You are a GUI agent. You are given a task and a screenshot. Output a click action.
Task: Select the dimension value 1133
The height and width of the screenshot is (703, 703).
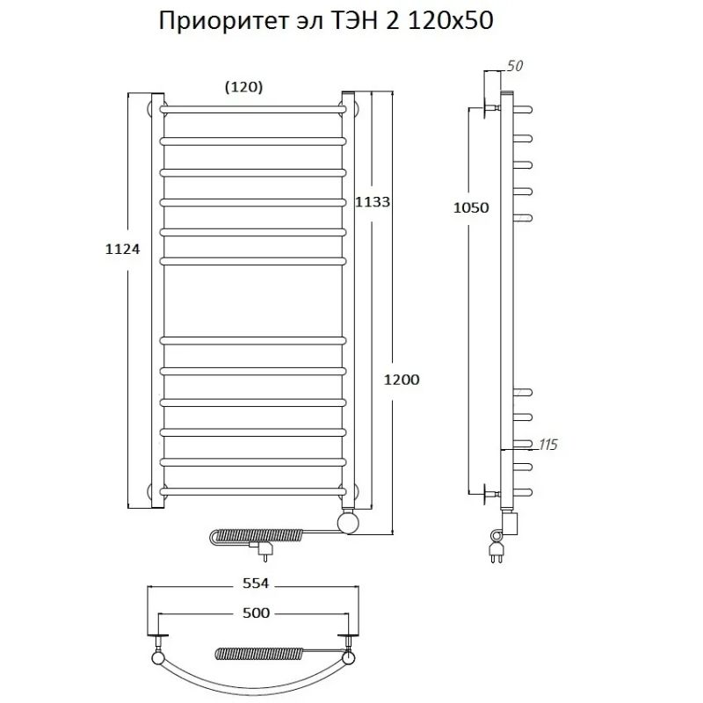point(372,201)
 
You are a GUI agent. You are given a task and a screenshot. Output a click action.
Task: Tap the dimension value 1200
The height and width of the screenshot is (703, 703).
point(402,380)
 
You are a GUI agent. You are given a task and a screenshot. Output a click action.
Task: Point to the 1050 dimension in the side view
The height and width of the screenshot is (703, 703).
point(469,207)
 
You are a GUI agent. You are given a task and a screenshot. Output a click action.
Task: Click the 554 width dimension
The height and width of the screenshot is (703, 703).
point(252,583)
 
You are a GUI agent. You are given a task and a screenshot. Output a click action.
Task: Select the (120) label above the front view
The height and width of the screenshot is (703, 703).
point(243,86)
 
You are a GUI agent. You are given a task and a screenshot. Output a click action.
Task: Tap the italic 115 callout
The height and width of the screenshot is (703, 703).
point(547,446)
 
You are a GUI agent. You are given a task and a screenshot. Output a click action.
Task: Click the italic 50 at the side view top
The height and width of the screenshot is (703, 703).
point(515,67)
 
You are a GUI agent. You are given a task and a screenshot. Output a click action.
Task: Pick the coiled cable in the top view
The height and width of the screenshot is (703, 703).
point(255,653)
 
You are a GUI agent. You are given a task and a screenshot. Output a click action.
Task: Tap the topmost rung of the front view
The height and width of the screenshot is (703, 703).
point(252,109)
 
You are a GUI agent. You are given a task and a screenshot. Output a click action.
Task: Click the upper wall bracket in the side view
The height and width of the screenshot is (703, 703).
point(486,109)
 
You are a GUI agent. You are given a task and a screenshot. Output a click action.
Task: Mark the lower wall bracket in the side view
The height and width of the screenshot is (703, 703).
point(486,494)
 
